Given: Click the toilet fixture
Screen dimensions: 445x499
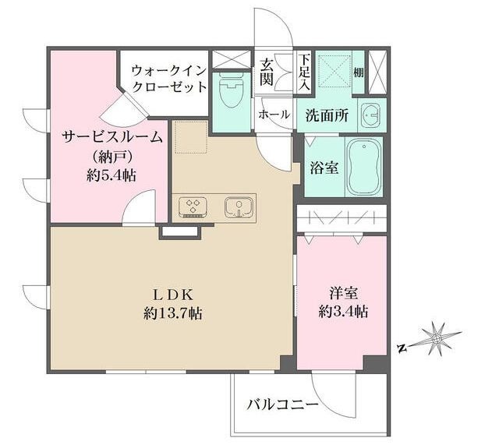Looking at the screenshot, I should (x=230, y=93).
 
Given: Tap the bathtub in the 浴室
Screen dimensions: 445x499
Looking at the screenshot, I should (x=362, y=168).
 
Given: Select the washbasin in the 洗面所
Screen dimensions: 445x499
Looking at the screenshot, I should (x=370, y=115).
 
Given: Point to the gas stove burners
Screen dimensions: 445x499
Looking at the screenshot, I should (x=191, y=206).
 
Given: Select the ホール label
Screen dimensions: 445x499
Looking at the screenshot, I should (x=274, y=114).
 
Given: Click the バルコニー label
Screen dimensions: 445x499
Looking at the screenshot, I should (x=282, y=405).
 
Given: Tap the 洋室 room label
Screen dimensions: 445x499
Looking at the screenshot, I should (x=343, y=294).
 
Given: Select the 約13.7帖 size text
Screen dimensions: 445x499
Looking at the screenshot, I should (x=173, y=313).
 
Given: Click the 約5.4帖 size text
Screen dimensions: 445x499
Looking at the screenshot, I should (x=111, y=175).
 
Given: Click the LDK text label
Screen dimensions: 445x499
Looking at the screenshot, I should (x=173, y=295).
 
